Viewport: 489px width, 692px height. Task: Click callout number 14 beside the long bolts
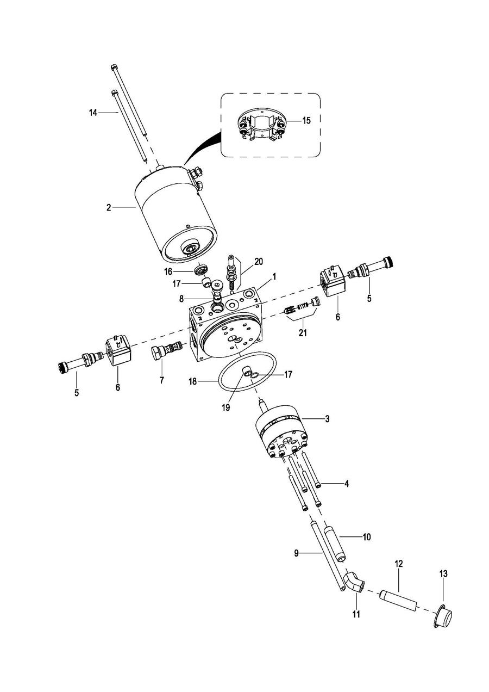93,113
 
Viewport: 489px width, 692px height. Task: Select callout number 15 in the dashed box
306,120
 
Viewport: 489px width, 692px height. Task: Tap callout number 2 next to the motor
109,208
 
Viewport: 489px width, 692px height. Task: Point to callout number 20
259,262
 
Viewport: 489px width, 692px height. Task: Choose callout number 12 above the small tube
399,564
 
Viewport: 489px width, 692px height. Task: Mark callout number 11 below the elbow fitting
356,614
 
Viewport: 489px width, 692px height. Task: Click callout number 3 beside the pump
327,419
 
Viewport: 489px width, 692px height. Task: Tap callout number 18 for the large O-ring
192,382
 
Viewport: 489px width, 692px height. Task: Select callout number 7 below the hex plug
162,380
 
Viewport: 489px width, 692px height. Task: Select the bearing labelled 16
201,268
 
